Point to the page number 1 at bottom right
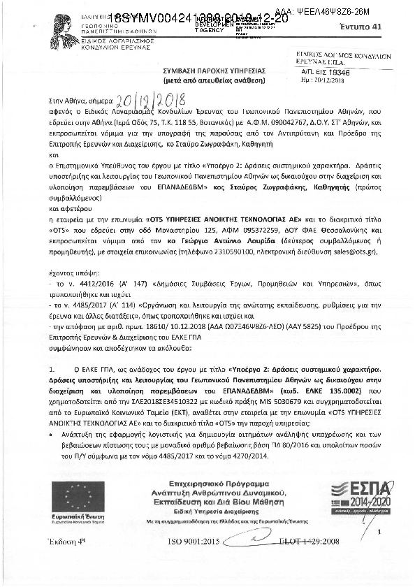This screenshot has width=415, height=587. (x=379, y=532)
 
